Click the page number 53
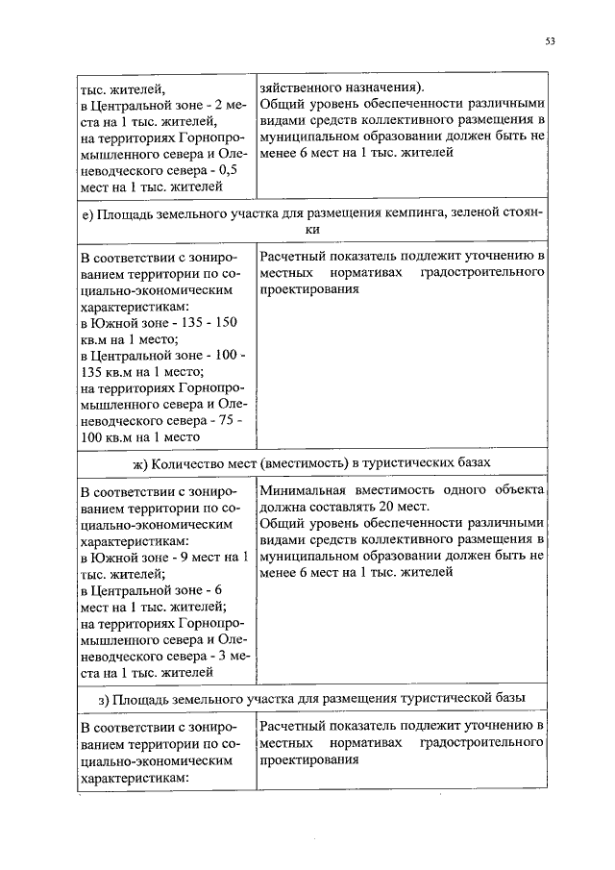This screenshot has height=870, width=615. [x=550, y=40]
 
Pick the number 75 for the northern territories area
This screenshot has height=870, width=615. [x=232, y=420]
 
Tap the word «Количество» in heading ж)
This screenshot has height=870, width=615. [x=184, y=463]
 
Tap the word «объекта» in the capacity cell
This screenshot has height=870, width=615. [x=520, y=489]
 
